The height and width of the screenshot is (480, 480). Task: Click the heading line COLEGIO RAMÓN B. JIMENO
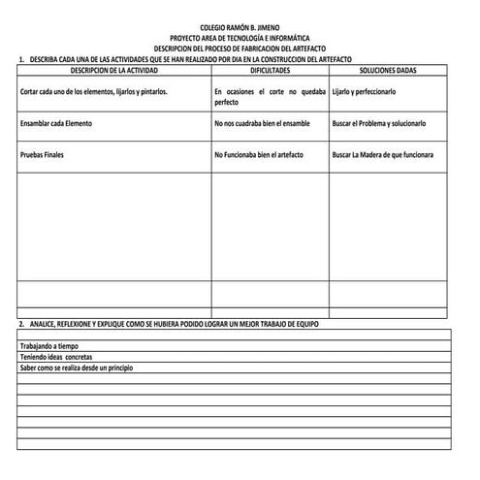point(240,28)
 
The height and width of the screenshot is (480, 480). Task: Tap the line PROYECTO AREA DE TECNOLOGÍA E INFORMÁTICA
point(240,38)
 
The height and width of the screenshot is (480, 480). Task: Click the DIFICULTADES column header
point(270,72)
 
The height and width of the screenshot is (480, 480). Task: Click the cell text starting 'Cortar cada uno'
point(93,91)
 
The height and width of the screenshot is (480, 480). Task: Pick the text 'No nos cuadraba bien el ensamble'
point(263,124)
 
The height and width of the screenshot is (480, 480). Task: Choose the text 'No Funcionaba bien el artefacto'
point(261,155)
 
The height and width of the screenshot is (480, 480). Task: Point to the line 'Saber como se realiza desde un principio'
point(81,369)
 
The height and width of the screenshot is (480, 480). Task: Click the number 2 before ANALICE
point(21,323)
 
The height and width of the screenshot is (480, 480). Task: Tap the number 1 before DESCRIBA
point(21,60)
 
